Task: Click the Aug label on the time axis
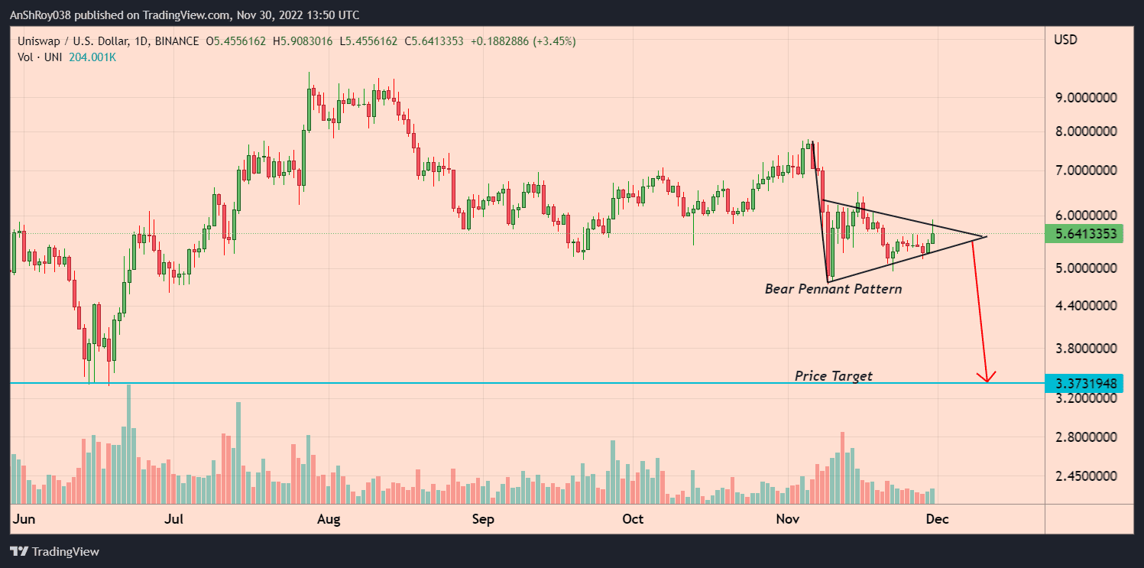coord(329,519)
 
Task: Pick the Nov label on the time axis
coord(787,519)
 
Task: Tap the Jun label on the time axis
coord(23,519)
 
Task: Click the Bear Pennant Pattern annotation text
coord(833,289)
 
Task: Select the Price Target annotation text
coord(833,375)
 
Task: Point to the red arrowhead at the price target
coord(988,378)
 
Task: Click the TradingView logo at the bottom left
coord(54,551)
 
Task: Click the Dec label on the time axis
coord(937,519)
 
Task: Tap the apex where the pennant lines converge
coord(987,236)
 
